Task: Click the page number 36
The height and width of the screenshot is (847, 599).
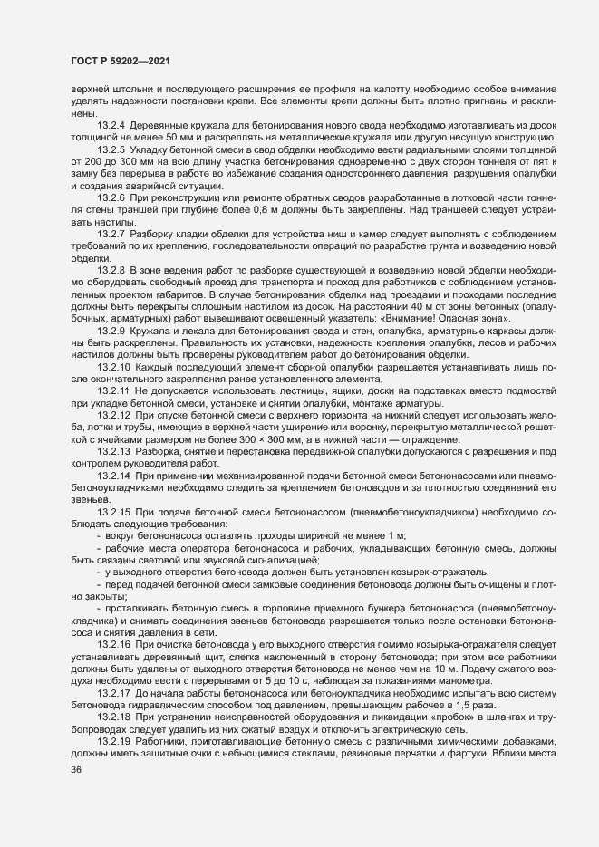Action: (x=63, y=821)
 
